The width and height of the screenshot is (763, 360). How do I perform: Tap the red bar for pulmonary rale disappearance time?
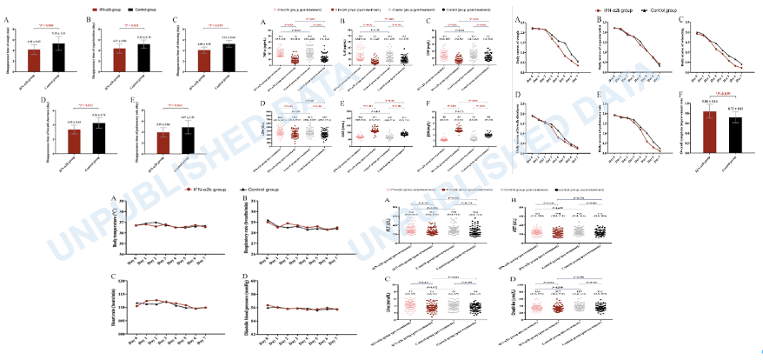point(163,142)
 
